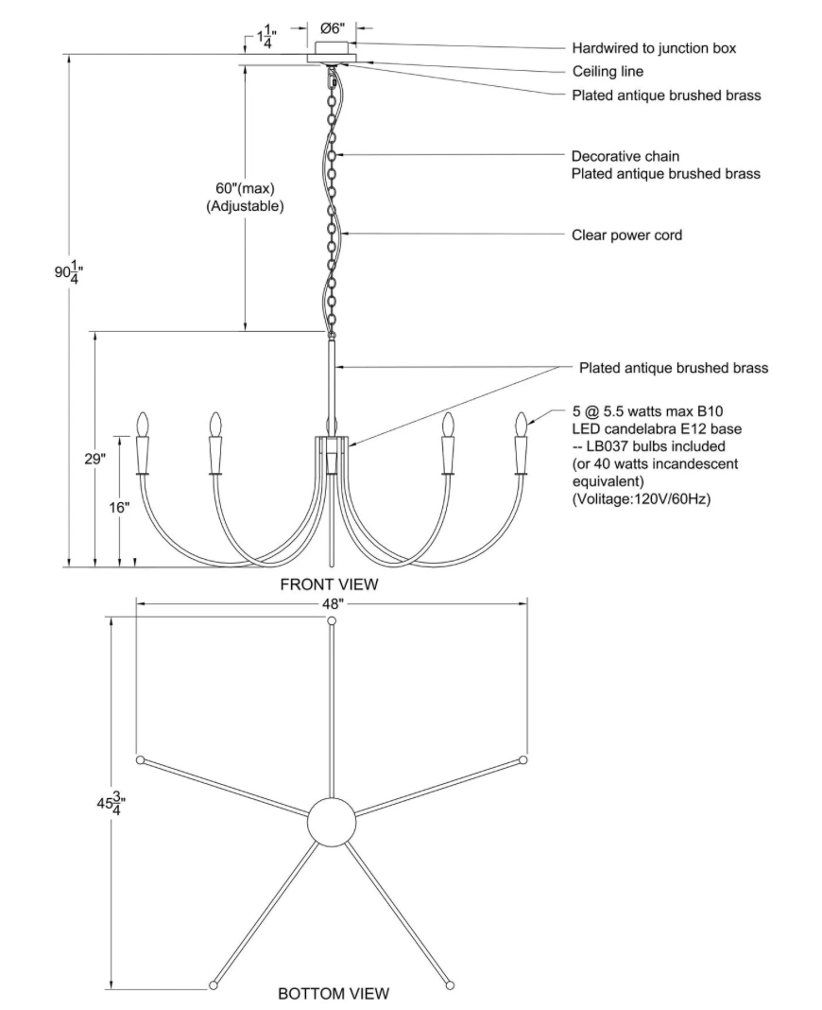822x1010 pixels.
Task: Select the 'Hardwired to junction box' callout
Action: pyautogui.click(x=653, y=47)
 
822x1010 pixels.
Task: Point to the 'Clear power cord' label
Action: pyautogui.click(x=626, y=235)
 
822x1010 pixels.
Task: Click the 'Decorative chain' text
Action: pyautogui.click(x=625, y=156)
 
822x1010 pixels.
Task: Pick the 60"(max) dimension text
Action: pyautogui.click(x=245, y=188)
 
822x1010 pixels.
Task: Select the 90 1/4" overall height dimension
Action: pyautogui.click(x=67, y=272)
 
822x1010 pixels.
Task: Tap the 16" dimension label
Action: pyautogui.click(x=118, y=507)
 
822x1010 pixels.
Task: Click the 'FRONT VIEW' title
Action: pyautogui.click(x=329, y=584)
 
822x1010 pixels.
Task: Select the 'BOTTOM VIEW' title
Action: pyautogui.click(x=333, y=994)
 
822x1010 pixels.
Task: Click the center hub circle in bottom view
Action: pyautogui.click(x=333, y=819)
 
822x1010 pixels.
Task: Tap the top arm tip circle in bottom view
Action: pyautogui.click(x=331, y=621)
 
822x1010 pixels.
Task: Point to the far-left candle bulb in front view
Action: pyautogui.click(x=144, y=425)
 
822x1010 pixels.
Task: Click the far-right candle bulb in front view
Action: pyautogui.click(x=521, y=425)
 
